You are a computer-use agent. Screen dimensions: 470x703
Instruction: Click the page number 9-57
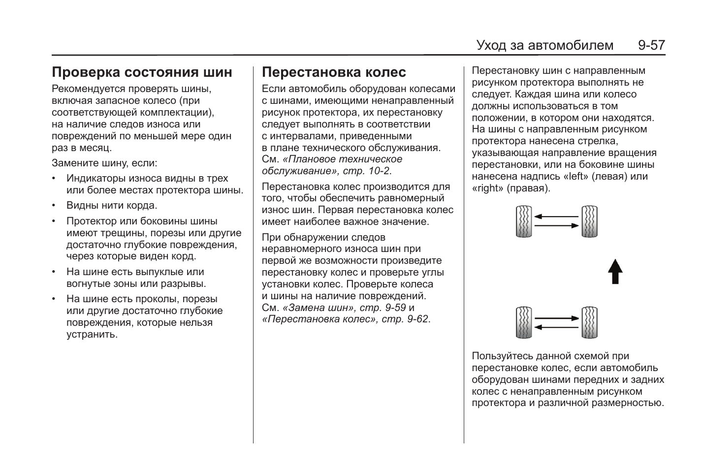651,46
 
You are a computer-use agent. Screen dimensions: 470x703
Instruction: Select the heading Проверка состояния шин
142,72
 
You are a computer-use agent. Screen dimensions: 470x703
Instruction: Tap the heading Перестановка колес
334,72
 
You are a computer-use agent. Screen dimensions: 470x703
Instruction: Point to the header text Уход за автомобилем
544,46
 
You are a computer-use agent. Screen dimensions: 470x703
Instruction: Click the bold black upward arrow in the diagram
615,271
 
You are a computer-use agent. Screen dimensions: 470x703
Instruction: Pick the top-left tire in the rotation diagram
524,221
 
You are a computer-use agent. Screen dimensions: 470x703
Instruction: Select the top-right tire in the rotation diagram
589,221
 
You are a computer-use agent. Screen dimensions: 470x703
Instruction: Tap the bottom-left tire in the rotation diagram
524,323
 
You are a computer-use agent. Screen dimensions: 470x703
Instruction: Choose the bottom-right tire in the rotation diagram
589,323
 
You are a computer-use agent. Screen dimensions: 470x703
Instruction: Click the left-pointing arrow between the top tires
556,216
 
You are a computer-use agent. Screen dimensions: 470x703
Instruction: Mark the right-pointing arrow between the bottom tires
556,318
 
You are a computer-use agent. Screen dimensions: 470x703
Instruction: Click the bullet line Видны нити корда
112,206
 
